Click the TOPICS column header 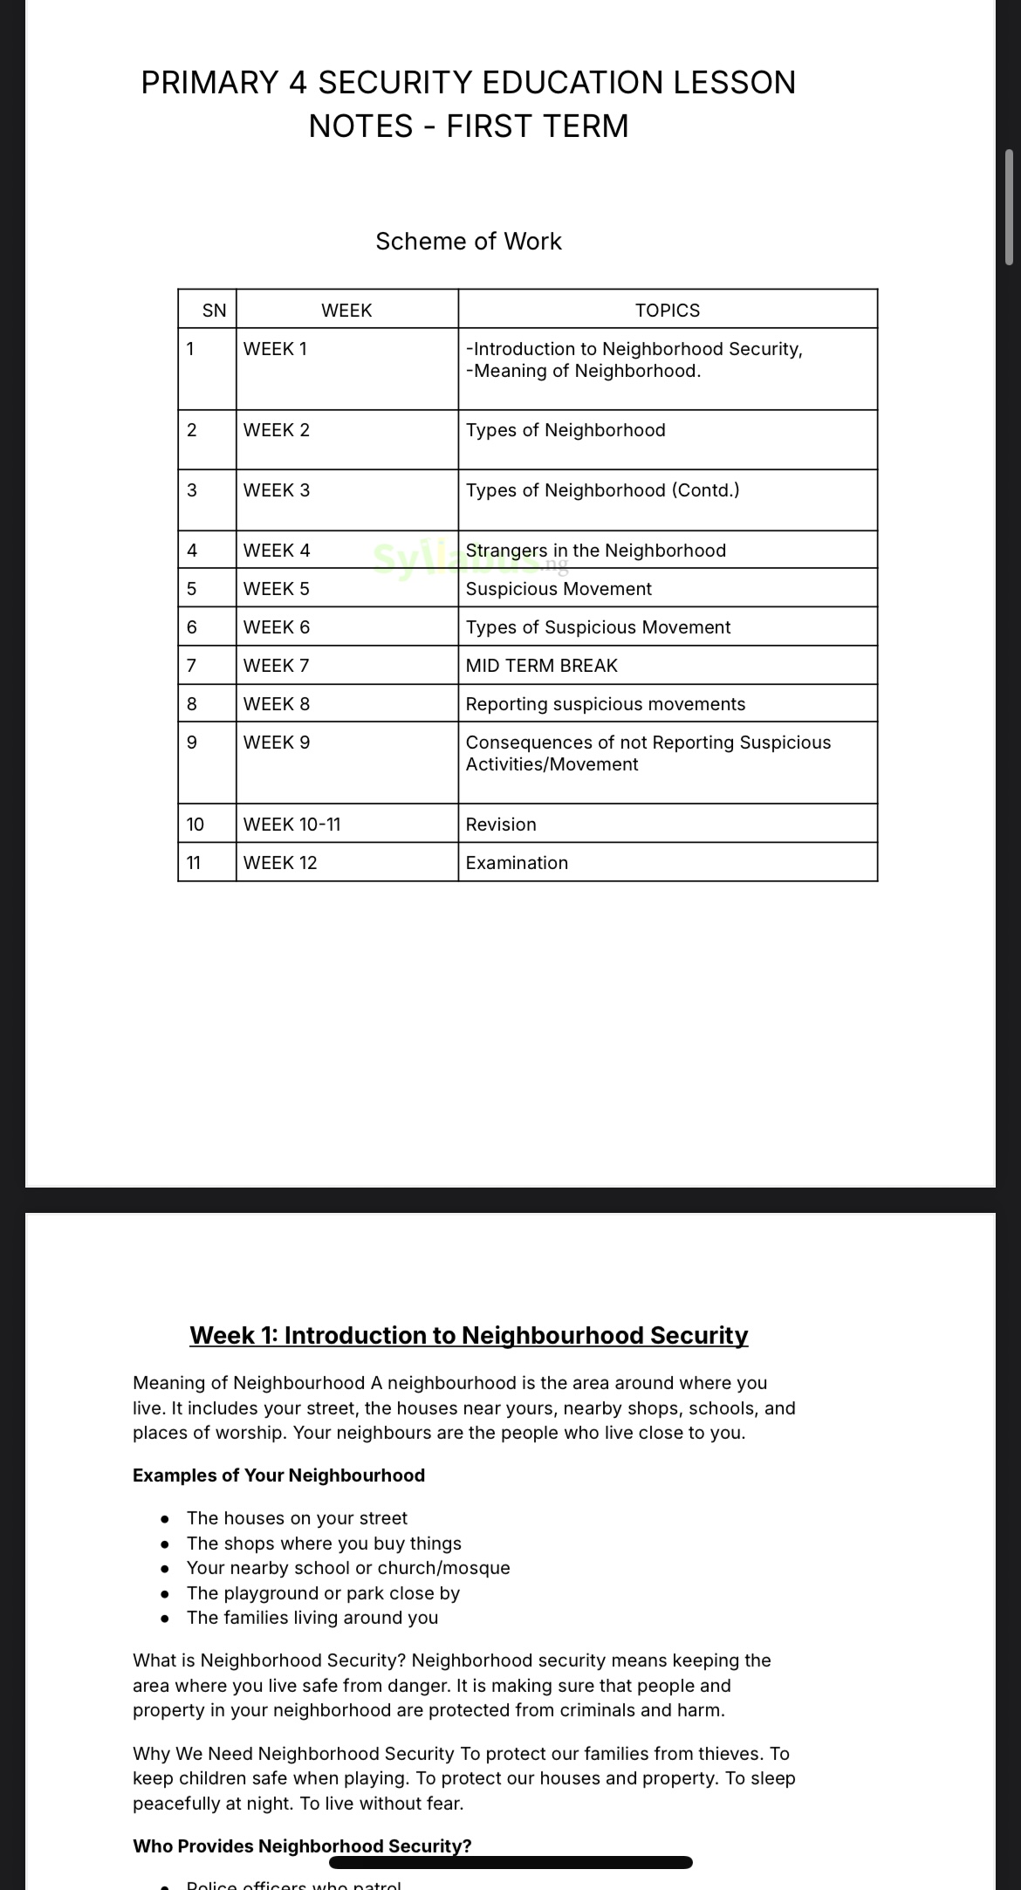click(x=667, y=311)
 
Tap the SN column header click(x=214, y=311)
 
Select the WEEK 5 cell click(x=277, y=589)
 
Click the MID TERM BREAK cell click(x=541, y=666)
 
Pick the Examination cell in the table click(x=517, y=863)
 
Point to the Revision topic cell click(x=501, y=825)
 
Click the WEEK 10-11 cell click(x=292, y=825)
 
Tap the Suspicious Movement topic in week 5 click(x=558, y=589)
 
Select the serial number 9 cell click(x=192, y=743)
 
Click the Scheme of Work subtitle click(x=469, y=241)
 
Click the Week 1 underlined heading click(x=469, y=1335)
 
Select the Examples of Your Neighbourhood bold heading click(x=278, y=1476)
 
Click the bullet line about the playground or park click(x=323, y=1592)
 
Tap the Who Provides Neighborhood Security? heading click(x=302, y=1845)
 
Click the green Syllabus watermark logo click(x=454, y=558)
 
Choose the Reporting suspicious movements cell click(x=606, y=704)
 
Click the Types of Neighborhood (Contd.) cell click(x=602, y=490)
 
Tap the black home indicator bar click(x=510, y=1862)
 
